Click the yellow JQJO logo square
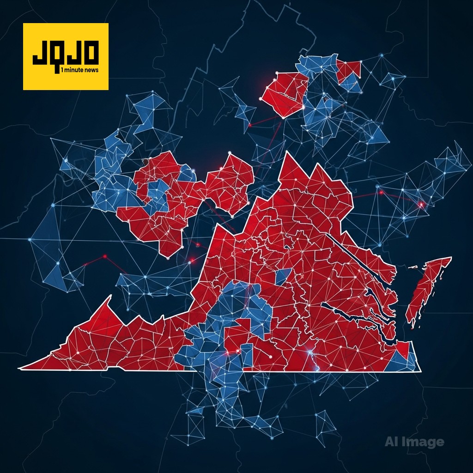pos(66,56)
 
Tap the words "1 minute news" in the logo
pos(79,69)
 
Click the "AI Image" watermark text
pos(414,442)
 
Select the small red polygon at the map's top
pos(349,69)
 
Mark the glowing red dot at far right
pos(421,204)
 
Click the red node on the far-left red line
pos(105,256)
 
